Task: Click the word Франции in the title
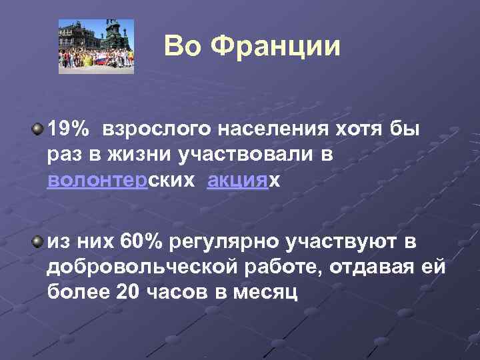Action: pos(275,46)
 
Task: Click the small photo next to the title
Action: pos(95,46)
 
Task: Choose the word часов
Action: pos(175,292)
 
